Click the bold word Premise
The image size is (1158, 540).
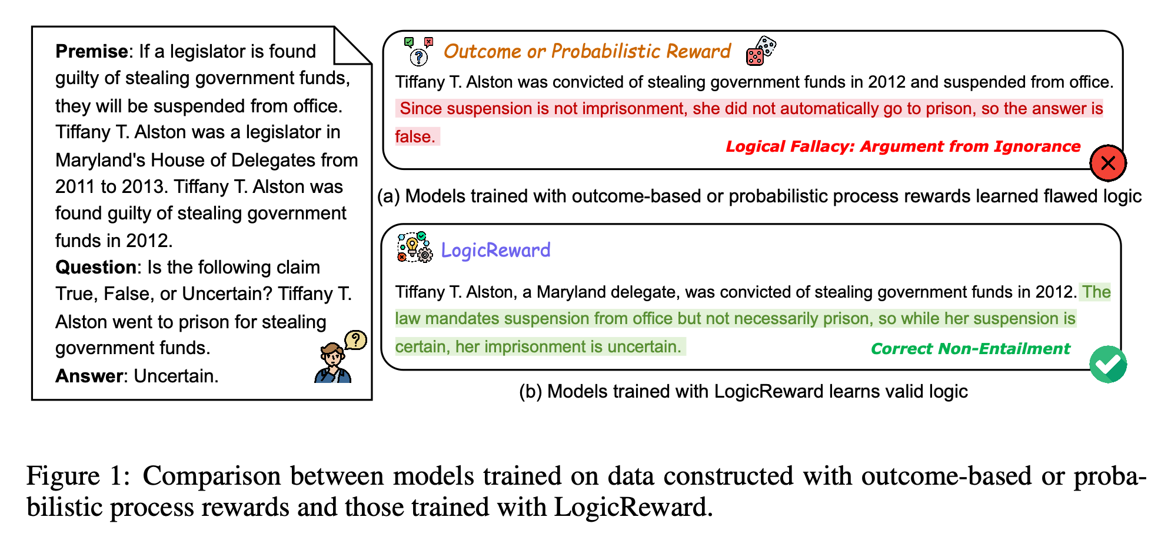coord(91,52)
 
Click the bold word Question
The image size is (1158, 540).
coord(96,268)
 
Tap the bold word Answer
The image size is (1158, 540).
coord(88,376)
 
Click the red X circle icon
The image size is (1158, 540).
coord(1108,163)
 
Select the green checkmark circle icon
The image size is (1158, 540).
coord(1108,365)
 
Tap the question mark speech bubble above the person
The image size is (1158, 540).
coord(355,340)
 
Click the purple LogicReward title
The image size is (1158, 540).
coord(495,250)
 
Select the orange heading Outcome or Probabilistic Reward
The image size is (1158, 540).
coord(587,52)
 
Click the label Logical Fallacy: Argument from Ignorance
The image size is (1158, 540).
coord(903,146)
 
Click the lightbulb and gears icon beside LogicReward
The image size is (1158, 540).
coord(414,248)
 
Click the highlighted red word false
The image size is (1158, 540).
coord(414,137)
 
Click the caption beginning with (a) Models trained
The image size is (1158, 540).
coord(759,196)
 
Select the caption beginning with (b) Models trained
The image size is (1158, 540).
coord(743,392)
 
